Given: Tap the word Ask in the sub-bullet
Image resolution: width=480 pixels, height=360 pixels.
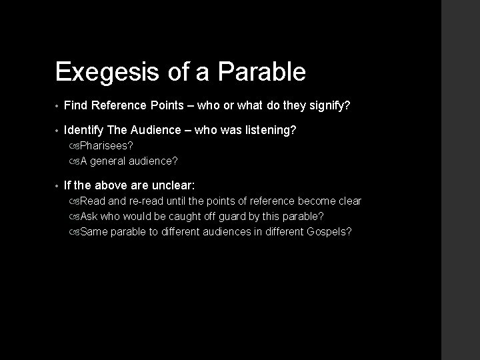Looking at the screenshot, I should (90, 216).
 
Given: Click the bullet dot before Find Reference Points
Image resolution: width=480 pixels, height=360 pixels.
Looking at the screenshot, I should (58, 106).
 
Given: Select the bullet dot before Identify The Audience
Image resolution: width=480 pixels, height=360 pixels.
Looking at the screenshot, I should (58, 131).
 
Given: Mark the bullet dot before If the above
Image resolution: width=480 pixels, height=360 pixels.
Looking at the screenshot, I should (58, 186).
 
